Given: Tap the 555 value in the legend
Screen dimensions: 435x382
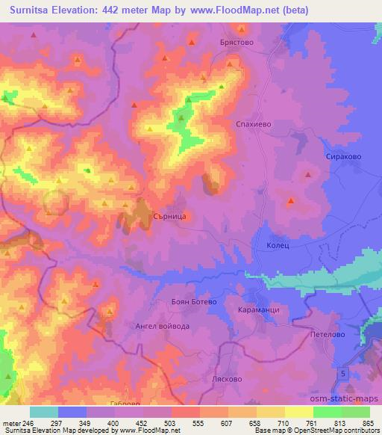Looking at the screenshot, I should tap(198, 422).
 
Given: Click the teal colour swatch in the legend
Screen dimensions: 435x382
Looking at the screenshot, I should tap(43, 412).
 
